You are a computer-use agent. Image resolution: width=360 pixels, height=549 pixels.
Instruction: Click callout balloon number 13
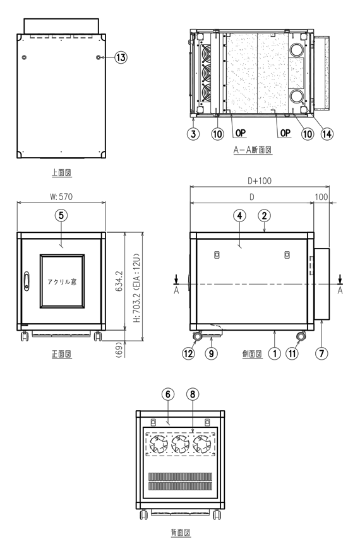point(120,57)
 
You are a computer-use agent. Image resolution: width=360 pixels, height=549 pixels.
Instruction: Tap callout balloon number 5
point(61,215)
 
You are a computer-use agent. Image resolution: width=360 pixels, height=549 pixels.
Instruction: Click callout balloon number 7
point(322,353)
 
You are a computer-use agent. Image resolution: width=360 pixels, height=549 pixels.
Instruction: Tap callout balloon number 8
point(192,393)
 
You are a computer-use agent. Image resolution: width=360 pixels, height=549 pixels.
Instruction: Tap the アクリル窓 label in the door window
point(61,281)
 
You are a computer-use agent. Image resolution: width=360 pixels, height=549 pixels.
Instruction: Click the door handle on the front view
point(27,280)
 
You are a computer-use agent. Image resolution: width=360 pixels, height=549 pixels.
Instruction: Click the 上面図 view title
point(61,172)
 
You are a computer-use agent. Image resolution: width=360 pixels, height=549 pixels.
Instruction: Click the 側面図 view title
point(251,354)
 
